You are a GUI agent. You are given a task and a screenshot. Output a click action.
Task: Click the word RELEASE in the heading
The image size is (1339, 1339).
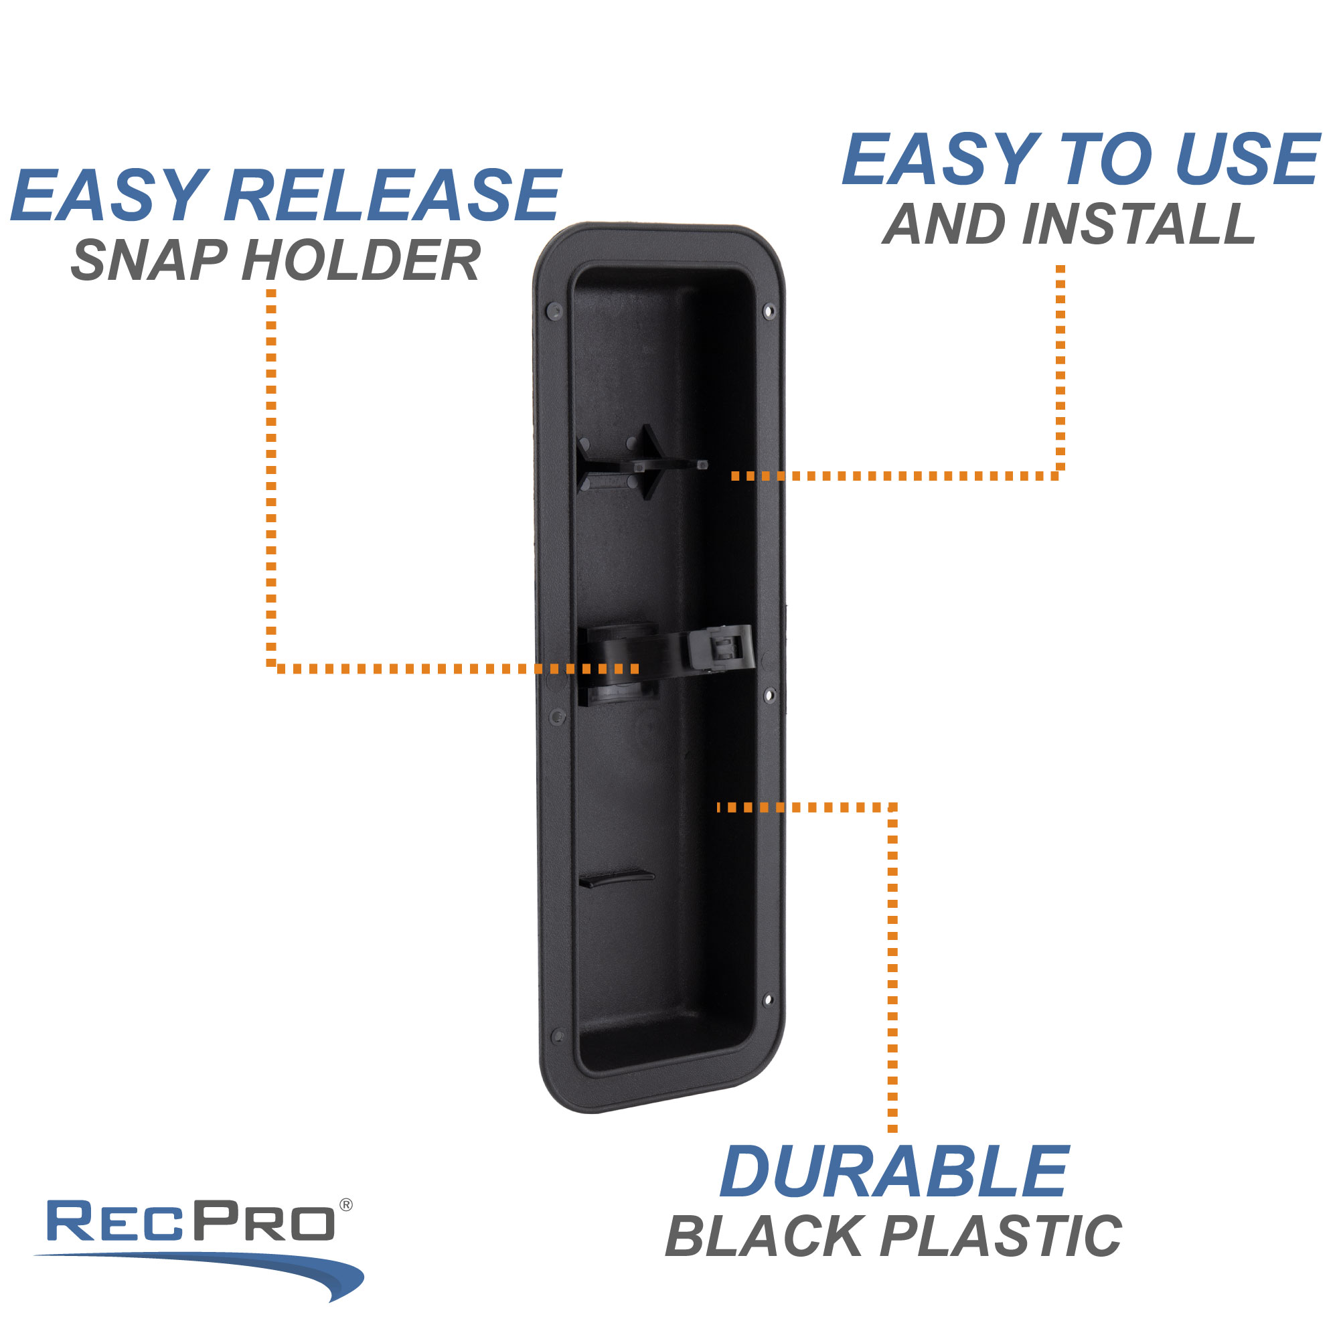click(392, 196)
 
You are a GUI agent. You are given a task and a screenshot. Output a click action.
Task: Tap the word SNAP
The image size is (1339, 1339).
click(149, 261)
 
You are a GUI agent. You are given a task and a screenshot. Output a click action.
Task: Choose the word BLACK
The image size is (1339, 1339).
click(763, 1237)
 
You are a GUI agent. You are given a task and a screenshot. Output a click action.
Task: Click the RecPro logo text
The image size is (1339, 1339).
click(191, 1222)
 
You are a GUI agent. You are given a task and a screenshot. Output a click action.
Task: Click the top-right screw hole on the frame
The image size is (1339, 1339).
click(768, 311)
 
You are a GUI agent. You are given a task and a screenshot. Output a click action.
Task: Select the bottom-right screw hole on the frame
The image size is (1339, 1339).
click(767, 1000)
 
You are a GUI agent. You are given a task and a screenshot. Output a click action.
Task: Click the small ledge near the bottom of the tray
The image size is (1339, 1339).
click(615, 878)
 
